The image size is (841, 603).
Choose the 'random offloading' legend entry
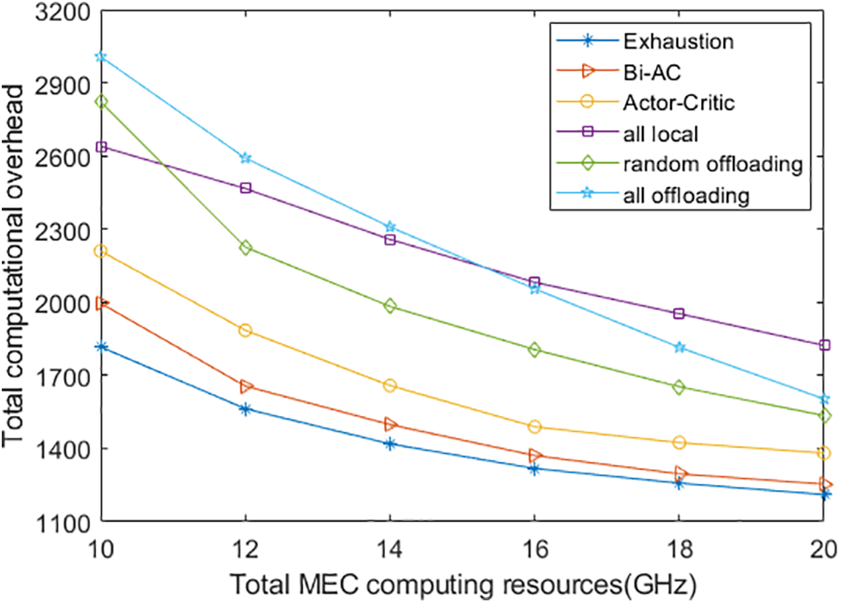click(700, 164)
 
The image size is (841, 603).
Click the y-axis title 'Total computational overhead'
click(16, 264)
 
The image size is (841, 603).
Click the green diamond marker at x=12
click(246, 248)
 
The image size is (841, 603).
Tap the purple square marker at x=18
click(679, 314)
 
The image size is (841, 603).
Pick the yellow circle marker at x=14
click(390, 386)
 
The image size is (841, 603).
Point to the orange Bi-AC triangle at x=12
click(246, 387)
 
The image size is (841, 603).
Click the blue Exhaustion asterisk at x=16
click(535, 469)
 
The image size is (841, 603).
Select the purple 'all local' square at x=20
click(823, 346)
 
